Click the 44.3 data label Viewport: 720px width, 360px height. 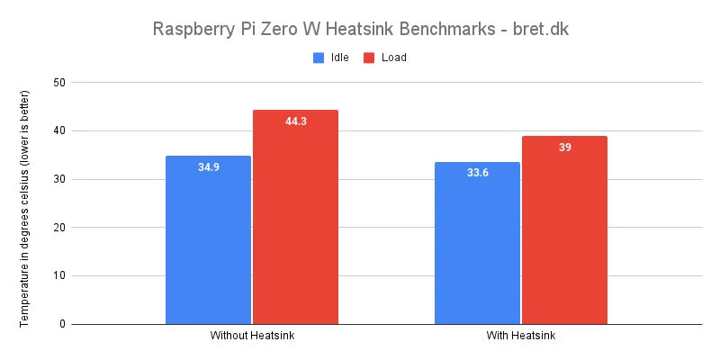coord(296,121)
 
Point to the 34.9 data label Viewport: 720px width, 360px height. coord(209,166)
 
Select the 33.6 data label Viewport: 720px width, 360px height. coord(477,173)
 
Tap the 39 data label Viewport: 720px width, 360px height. coord(565,147)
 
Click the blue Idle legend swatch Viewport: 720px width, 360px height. coord(319,58)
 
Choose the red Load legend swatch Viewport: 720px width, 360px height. coord(369,58)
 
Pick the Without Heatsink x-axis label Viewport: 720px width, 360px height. coord(252,337)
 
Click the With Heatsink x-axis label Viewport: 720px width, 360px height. coord(521,337)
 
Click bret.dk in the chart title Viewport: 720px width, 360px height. coord(540,29)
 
